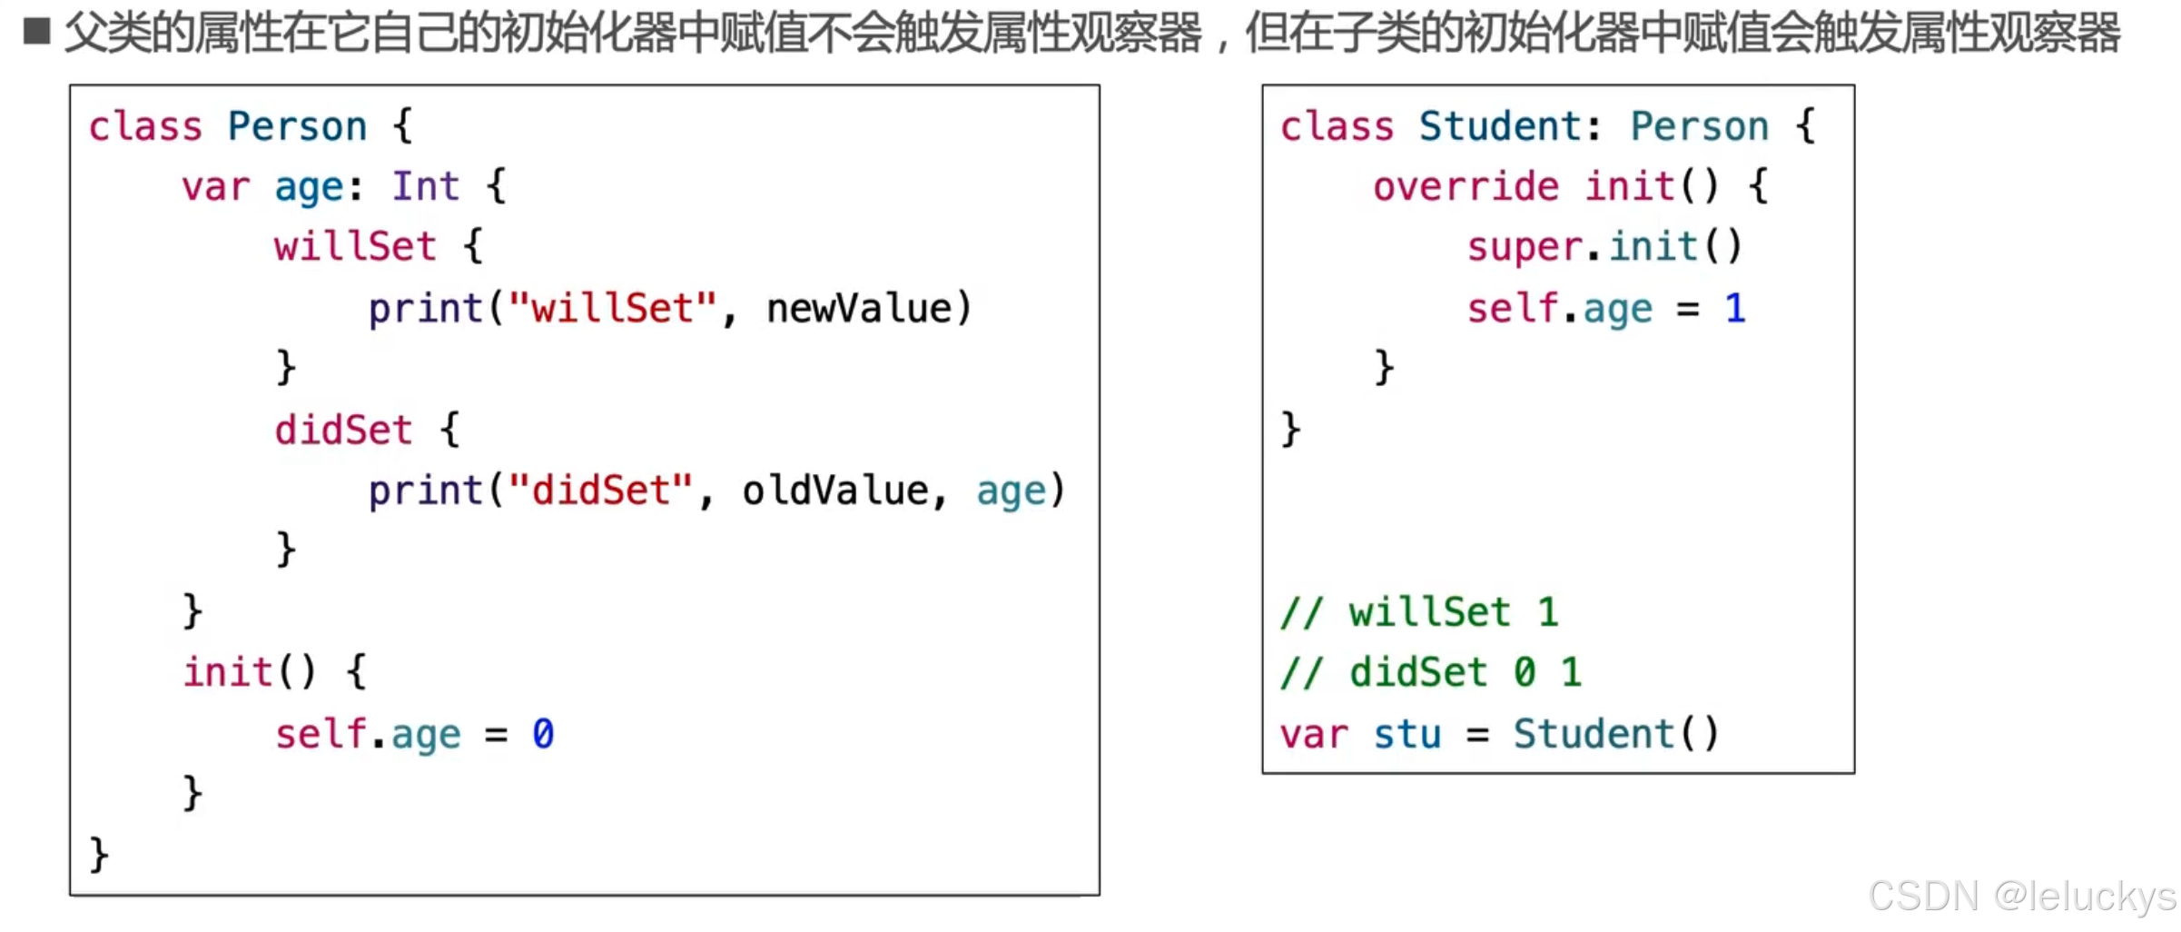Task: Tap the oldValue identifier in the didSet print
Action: pyautogui.click(x=834, y=491)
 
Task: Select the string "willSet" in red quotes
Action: pyautogui.click(x=612, y=309)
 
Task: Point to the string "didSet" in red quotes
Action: pyautogui.click(x=600, y=491)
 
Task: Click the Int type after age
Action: pyautogui.click(x=425, y=187)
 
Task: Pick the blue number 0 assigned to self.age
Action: pyautogui.click(x=543, y=734)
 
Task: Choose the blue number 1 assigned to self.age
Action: pyautogui.click(x=1734, y=309)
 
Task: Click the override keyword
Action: pyautogui.click(x=1465, y=187)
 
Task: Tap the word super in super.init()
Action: pyautogui.click(x=1525, y=248)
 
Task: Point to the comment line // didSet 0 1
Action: pyautogui.click(x=1430, y=673)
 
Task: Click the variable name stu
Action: pyautogui.click(x=1406, y=734)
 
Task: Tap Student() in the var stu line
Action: pyautogui.click(x=1615, y=734)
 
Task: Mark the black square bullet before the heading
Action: pyautogui.click(x=37, y=31)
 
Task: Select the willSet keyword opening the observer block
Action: pyautogui.click(x=355, y=248)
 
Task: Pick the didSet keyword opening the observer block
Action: pyautogui.click(x=343, y=431)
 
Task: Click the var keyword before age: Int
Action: pyautogui.click(x=215, y=187)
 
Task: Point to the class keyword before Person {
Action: pyautogui.click(x=145, y=126)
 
